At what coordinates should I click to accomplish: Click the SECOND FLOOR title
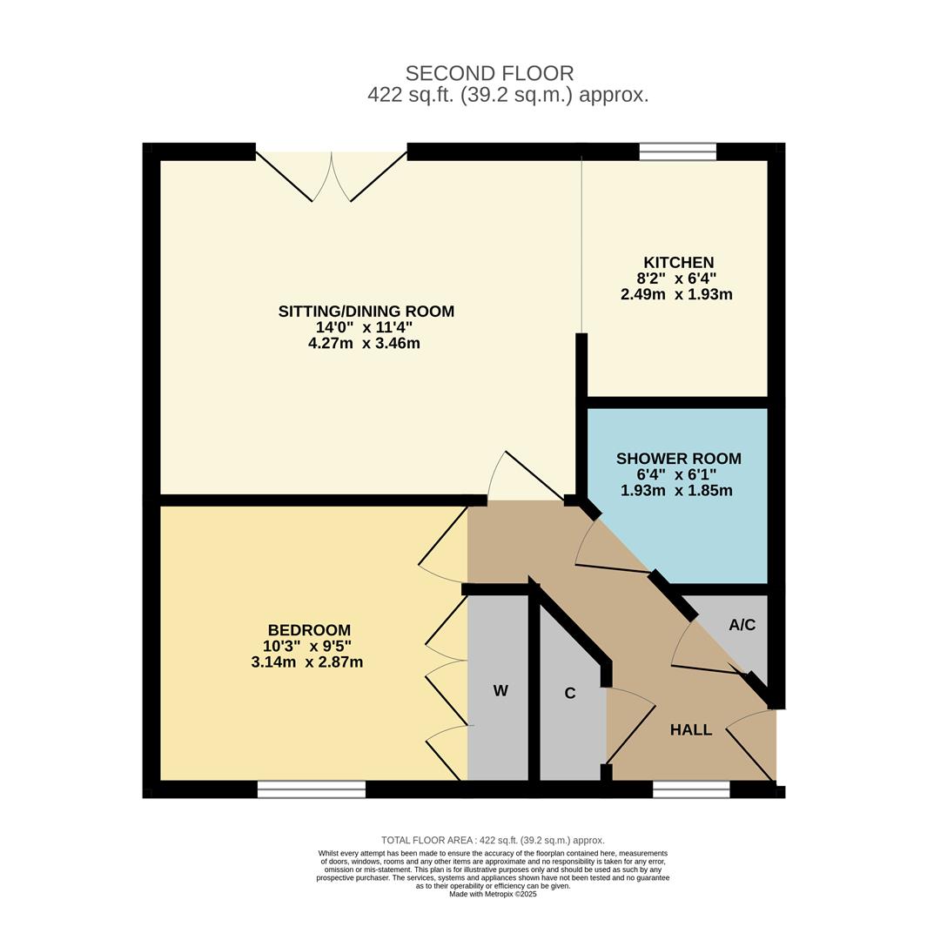489,73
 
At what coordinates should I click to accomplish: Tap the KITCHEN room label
679,263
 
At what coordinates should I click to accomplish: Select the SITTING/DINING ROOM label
366,311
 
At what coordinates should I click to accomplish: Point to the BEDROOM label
309,630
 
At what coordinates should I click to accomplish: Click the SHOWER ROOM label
679,459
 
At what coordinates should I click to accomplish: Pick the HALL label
691,729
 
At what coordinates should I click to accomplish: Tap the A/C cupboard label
742,625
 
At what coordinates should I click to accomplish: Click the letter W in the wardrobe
500,690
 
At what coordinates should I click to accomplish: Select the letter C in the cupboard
570,693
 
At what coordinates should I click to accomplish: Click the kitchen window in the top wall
677,151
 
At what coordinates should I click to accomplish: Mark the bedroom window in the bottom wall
312,789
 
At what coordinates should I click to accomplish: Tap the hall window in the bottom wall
691,789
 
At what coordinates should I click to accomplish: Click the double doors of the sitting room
332,174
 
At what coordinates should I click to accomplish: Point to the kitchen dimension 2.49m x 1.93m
676,294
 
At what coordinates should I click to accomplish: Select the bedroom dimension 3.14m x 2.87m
307,662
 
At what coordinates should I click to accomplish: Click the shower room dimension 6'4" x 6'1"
677,475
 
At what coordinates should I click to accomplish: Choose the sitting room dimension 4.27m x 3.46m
364,344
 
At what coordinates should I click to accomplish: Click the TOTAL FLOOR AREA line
493,841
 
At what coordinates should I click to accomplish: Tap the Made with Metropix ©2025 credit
493,894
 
